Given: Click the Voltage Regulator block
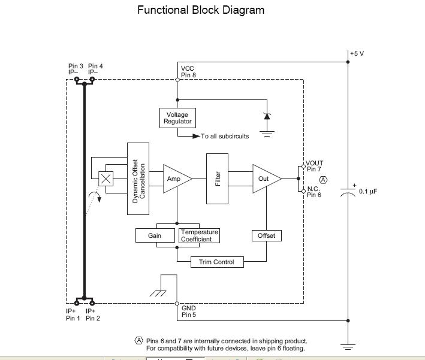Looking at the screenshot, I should tap(177, 118).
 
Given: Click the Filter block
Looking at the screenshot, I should tap(218, 179).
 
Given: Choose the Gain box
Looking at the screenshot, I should tap(155, 235).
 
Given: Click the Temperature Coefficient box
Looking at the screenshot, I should tap(200, 235).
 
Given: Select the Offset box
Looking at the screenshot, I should tap(266, 235).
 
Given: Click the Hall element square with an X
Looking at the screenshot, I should tap(106, 179).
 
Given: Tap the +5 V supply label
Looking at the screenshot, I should tap(357, 53).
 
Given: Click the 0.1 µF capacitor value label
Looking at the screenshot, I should tap(368, 192).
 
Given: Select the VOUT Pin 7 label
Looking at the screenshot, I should tap(315, 166).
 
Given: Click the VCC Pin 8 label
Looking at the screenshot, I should tap(188, 72).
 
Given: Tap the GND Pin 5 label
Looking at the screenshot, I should tap(189, 311).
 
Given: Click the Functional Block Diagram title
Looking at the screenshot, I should tap(200, 10).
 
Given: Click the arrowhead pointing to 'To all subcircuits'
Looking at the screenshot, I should tap(196, 137).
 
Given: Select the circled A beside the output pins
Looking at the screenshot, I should tap(324, 180).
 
